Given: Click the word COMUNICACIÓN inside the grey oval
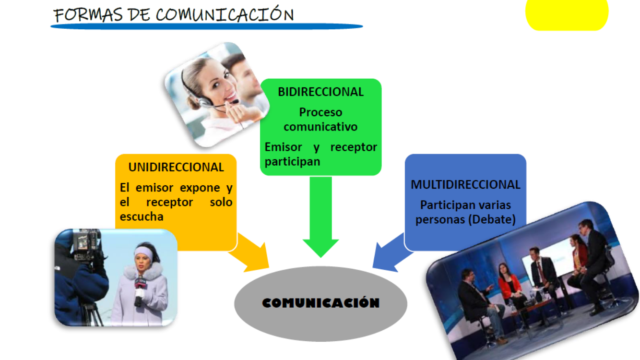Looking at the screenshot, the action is click(x=320, y=303).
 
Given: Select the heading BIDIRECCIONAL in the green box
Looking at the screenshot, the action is click(x=320, y=92).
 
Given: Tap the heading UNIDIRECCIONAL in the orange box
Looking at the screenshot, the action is click(x=176, y=167).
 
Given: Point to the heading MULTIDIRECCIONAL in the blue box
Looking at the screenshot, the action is click(x=465, y=185).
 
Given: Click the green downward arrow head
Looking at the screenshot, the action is click(x=320, y=248).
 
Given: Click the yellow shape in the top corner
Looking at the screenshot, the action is click(x=567, y=14).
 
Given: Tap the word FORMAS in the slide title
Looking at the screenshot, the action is click(x=88, y=15).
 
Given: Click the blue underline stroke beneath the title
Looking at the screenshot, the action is click(x=207, y=26).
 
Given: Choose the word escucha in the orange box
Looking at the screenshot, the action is click(x=142, y=217).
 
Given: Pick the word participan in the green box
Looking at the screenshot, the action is click(x=292, y=162).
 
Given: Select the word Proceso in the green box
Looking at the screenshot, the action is click(x=320, y=112).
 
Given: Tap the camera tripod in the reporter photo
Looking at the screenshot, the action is click(x=92, y=314).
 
